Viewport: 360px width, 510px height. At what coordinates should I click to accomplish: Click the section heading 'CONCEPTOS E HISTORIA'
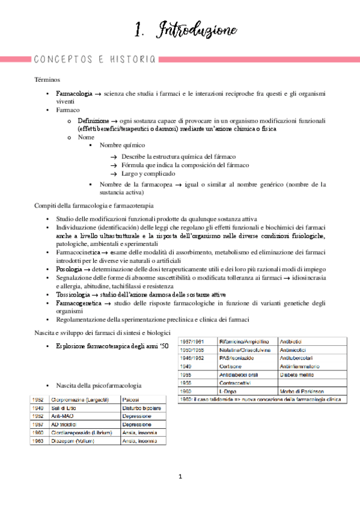95,59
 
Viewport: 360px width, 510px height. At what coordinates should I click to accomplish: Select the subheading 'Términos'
47,79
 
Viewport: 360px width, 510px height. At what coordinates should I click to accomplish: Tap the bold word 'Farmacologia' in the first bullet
74,94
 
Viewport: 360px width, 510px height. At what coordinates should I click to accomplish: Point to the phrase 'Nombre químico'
123,146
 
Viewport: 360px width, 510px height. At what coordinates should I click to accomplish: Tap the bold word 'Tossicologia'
76,295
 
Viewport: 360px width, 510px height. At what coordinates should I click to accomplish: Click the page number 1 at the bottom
180,477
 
